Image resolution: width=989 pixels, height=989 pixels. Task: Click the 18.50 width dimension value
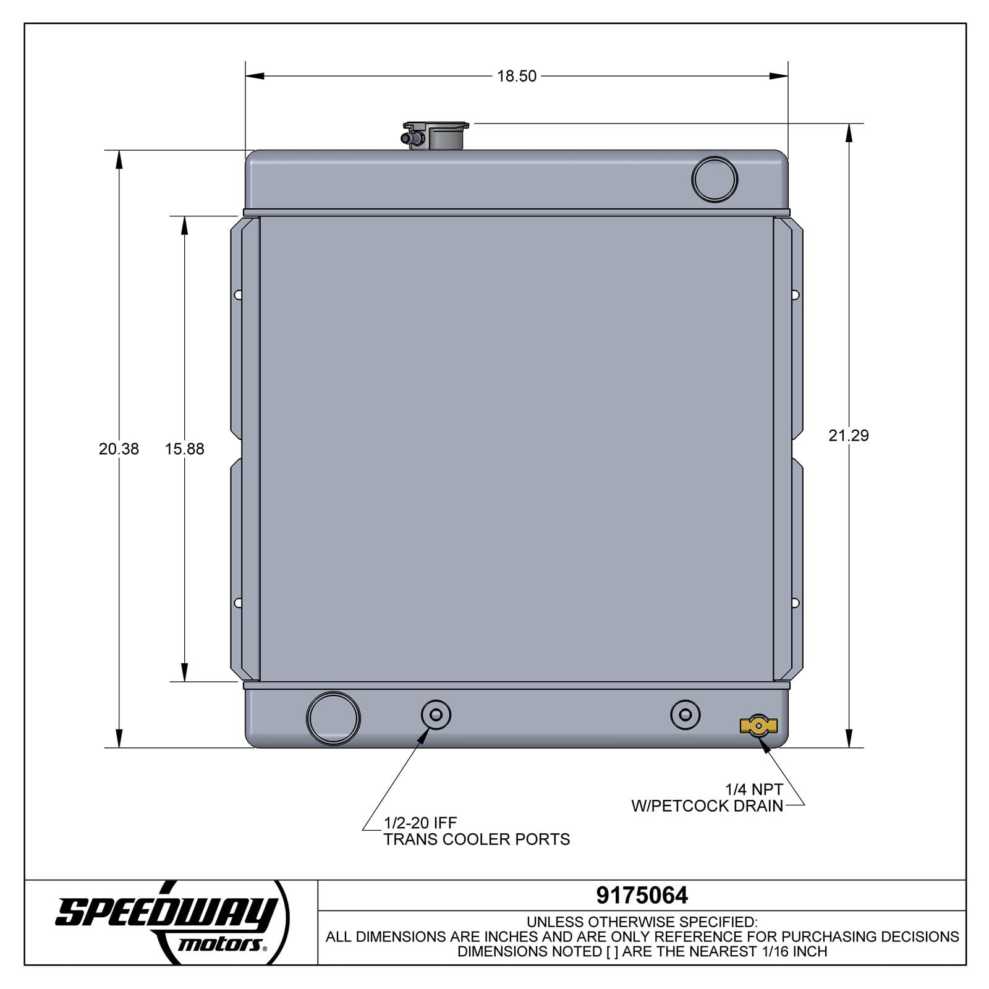pyautogui.click(x=517, y=76)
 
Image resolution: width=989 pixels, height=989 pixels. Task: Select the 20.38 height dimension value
pyautogui.click(x=119, y=449)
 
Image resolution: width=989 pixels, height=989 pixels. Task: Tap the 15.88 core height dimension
pyautogui.click(x=184, y=449)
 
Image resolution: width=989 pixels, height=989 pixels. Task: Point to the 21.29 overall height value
pyautogui.click(x=849, y=435)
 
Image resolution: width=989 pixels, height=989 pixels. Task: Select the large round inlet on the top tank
pyautogui.click(x=715, y=179)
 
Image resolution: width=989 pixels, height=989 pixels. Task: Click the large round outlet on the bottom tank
pyautogui.click(x=333, y=718)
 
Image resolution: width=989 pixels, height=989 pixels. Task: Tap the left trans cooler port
pyautogui.click(x=436, y=715)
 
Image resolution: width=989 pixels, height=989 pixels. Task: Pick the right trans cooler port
pyautogui.click(x=685, y=715)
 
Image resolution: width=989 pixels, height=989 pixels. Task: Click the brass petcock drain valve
pyautogui.click(x=758, y=726)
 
